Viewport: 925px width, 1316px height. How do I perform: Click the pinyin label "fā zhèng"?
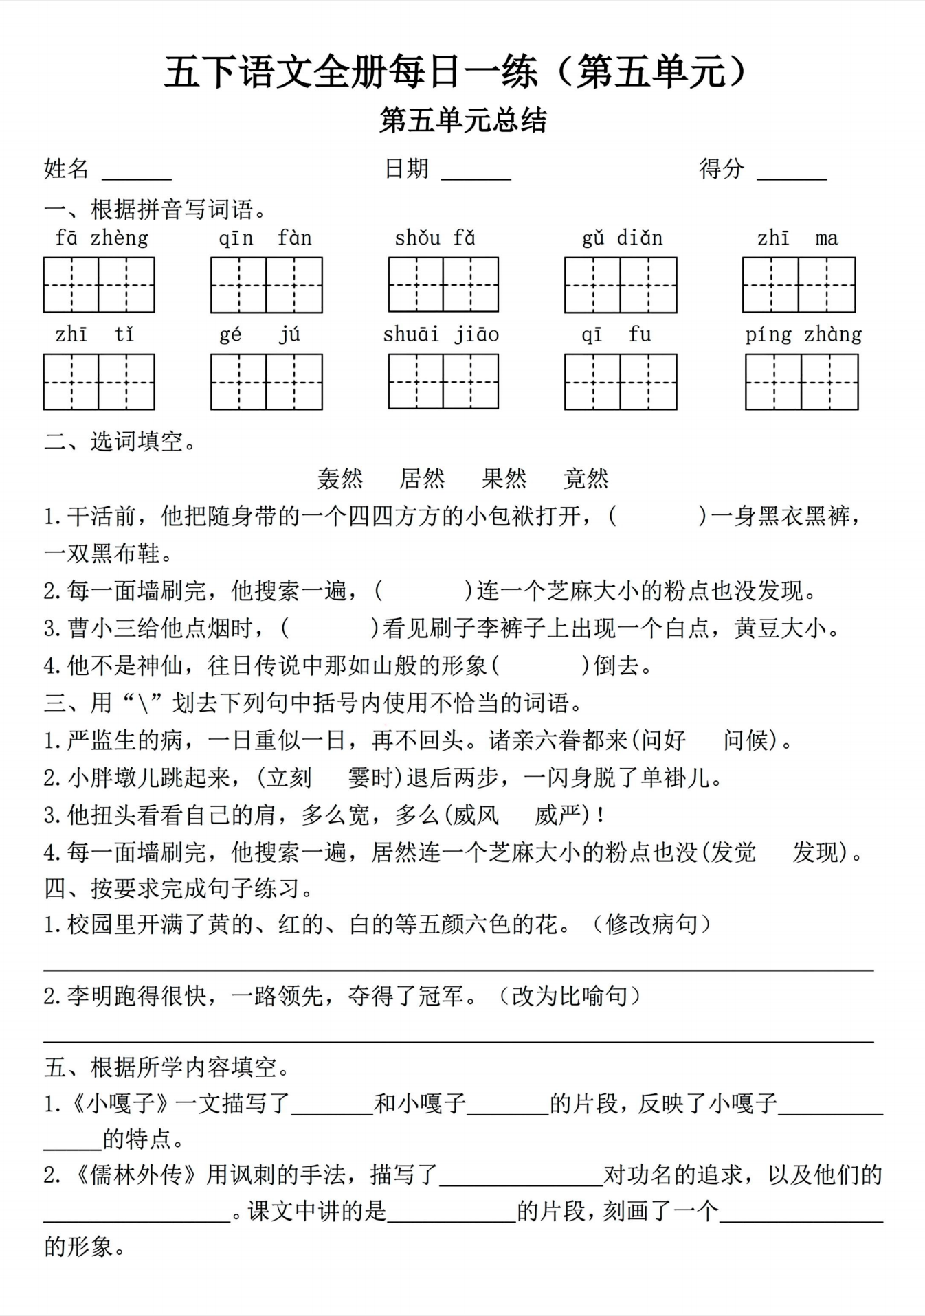tap(102, 238)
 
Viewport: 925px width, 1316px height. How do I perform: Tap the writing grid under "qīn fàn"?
tap(266, 285)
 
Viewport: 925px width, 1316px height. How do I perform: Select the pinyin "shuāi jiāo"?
tap(441, 334)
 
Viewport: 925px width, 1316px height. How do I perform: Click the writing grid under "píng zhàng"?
tap(801, 382)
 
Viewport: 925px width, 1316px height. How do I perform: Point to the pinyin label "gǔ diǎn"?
tap(622, 238)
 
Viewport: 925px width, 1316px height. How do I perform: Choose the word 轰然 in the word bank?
tap(340, 479)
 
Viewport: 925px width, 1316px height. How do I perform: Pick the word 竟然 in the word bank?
tap(586, 479)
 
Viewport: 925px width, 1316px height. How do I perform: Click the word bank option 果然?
tap(504, 479)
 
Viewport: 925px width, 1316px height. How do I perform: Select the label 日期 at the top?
tap(406, 168)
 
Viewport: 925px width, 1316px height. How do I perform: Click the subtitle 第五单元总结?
tap(462, 120)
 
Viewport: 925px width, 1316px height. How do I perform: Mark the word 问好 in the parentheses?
tap(664, 740)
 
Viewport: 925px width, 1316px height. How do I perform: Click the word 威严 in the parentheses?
tap(559, 815)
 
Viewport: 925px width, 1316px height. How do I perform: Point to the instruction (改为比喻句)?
tap(570, 996)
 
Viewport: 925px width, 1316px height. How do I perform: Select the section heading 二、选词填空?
tap(120, 441)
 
